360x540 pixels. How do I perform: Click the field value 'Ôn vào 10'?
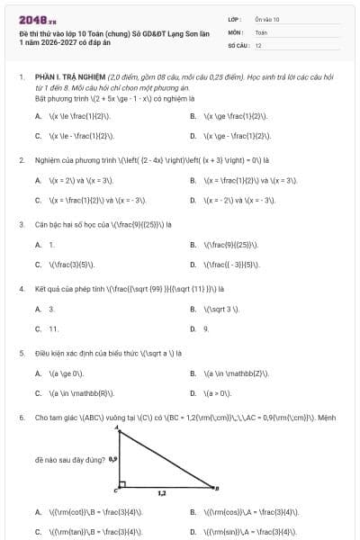click(x=267, y=19)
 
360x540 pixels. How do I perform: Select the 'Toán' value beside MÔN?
click(x=261, y=31)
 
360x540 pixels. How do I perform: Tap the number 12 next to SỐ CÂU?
click(x=258, y=44)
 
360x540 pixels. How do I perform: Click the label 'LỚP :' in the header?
click(x=235, y=19)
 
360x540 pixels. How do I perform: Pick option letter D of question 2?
click(x=193, y=200)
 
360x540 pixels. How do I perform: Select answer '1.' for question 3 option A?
click(x=51, y=244)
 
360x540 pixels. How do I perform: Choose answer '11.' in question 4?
click(x=54, y=328)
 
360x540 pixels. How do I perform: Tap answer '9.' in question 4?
click(x=206, y=328)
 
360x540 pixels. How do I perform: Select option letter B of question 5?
click(x=193, y=373)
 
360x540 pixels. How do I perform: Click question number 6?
click(x=21, y=418)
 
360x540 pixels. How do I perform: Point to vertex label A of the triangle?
click(x=118, y=429)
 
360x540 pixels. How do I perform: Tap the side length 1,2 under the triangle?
click(x=162, y=494)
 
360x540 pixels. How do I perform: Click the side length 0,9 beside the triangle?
click(x=112, y=459)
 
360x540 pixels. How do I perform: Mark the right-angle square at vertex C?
click(x=121, y=484)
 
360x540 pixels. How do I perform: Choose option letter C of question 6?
click(x=39, y=532)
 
